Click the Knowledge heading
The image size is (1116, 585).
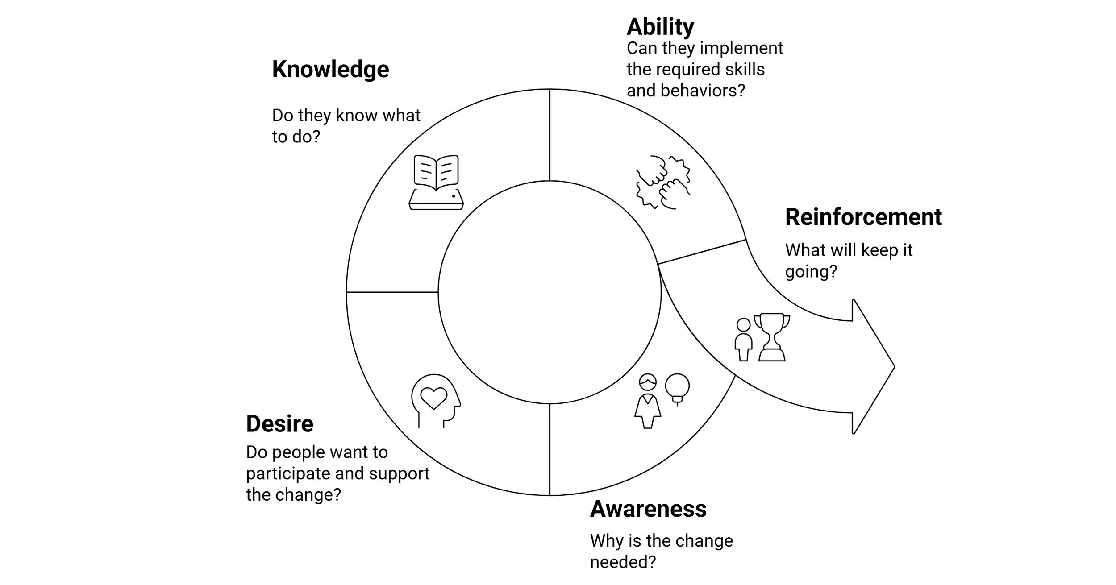pos(330,70)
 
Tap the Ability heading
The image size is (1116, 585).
pos(660,27)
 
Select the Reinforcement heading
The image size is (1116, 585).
pos(863,217)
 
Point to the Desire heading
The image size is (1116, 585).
pos(279,423)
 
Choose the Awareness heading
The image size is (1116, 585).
pos(648,509)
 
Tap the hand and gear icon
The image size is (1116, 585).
pos(663,182)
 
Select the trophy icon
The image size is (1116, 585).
pos(772,337)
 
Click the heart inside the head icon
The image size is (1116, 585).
pos(434,397)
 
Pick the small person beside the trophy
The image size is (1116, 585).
pos(743,339)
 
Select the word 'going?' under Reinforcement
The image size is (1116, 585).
pos(811,272)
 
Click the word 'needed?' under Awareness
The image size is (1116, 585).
pos(623,562)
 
